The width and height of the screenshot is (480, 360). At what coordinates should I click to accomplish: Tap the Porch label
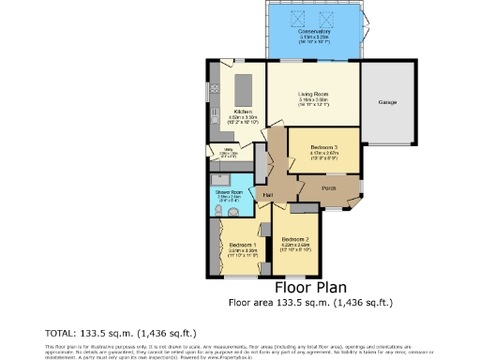tap(329, 188)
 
